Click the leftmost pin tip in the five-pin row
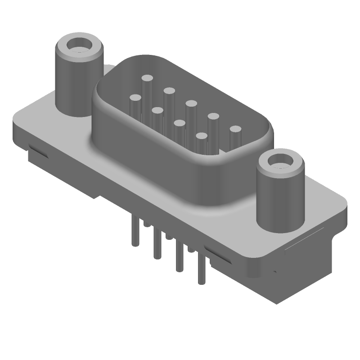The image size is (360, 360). click(x=147, y=78)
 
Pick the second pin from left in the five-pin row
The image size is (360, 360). click(x=169, y=91)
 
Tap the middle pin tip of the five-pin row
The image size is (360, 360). click(x=191, y=104)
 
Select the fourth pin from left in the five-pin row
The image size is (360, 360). click(x=213, y=117)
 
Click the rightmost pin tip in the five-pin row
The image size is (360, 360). click(x=235, y=130)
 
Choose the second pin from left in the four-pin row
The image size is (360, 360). click(x=157, y=110)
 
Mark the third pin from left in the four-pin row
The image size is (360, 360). click(x=179, y=122)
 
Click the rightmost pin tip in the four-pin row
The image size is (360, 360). click(x=201, y=135)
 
